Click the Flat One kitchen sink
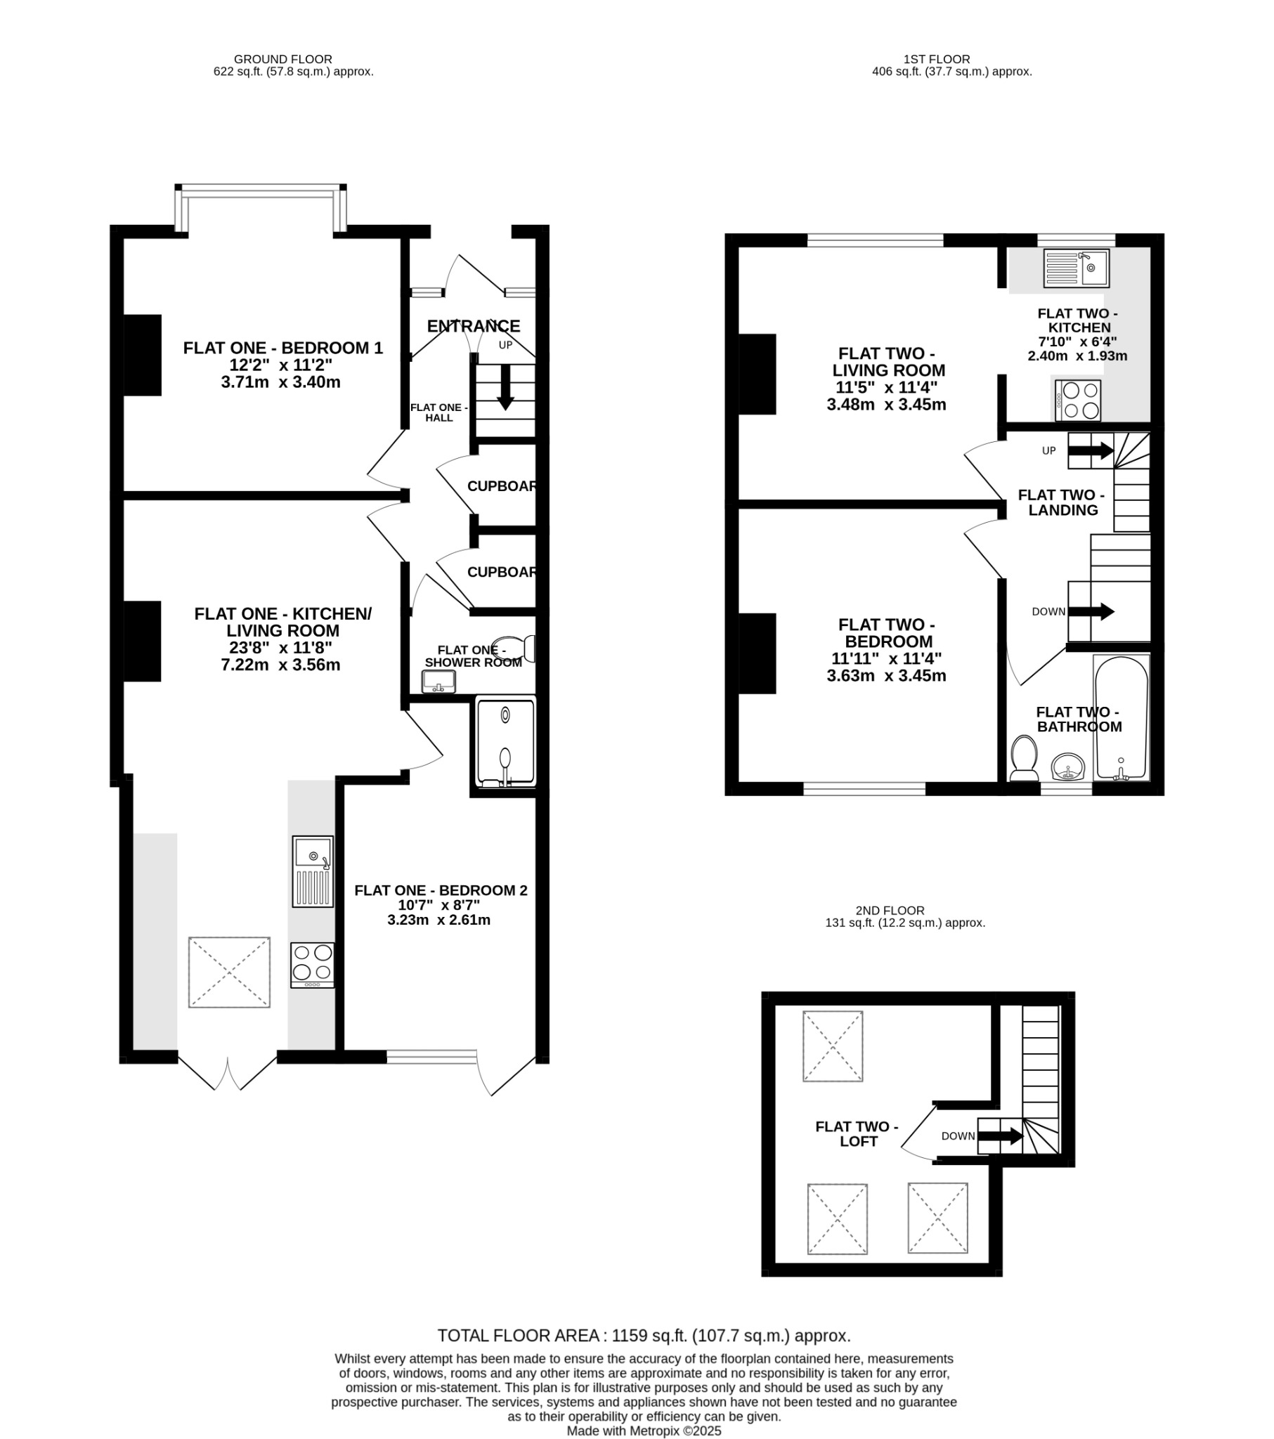pyautogui.click(x=313, y=871)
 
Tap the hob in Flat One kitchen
pyautogui.click(x=313, y=965)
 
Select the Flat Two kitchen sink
pyautogui.click(x=1076, y=268)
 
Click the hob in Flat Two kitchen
pyautogui.click(x=1077, y=400)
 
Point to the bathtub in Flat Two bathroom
pyautogui.click(x=1122, y=718)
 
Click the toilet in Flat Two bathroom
pyautogui.click(x=1023, y=758)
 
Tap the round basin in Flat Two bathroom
pyautogui.click(x=1067, y=767)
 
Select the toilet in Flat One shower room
pyautogui.click(x=514, y=649)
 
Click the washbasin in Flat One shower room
pyautogui.click(x=438, y=682)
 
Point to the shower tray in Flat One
pyautogui.click(x=506, y=742)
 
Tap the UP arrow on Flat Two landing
pyautogui.click(x=1091, y=450)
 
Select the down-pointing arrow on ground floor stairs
pyautogui.click(x=505, y=387)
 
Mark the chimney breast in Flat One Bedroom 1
pyautogui.click(x=142, y=355)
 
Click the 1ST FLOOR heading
pyautogui.click(x=937, y=59)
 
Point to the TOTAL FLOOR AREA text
pyautogui.click(x=644, y=1336)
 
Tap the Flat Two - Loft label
pyautogui.click(x=857, y=1134)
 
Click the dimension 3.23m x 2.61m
pyautogui.click(x=438, y=920)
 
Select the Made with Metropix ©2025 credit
pyautogui.click(x=644, y=1431)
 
